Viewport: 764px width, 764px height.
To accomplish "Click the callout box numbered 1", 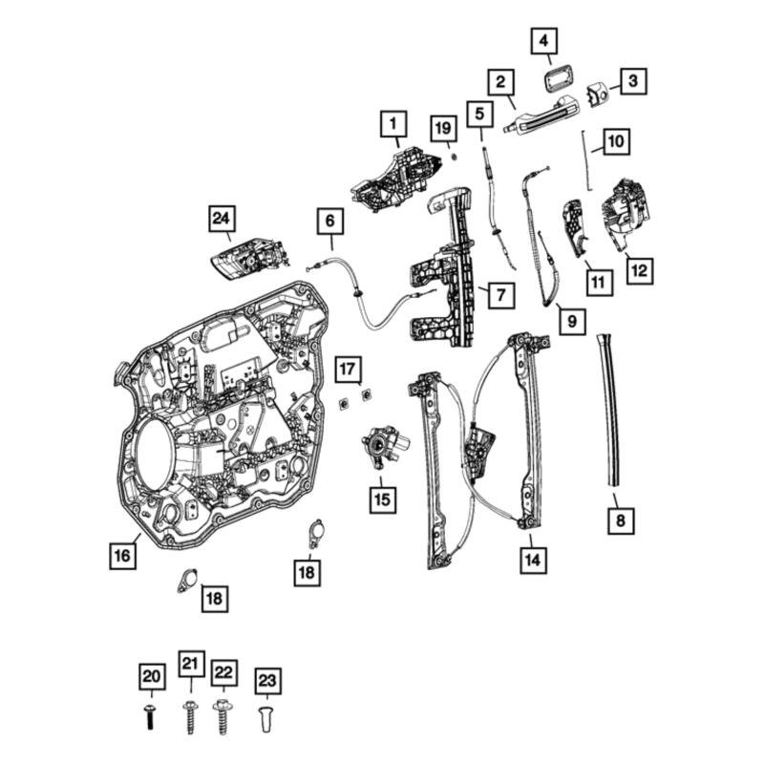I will (392, 123).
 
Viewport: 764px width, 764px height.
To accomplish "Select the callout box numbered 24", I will (221, 220).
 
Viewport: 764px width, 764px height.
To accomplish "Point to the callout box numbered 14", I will (533, 561).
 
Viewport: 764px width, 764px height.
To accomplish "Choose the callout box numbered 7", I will (499, 295).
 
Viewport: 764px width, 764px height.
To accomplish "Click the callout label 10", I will (616, 142).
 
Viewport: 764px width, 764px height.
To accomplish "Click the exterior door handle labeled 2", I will (541, 122).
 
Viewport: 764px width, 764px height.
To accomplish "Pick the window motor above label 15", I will (384, 447).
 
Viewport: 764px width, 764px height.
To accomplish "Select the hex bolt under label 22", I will (223, 715).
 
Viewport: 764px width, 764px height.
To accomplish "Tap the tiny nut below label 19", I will (454, 155).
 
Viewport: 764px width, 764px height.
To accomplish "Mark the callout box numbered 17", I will (350, 368).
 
